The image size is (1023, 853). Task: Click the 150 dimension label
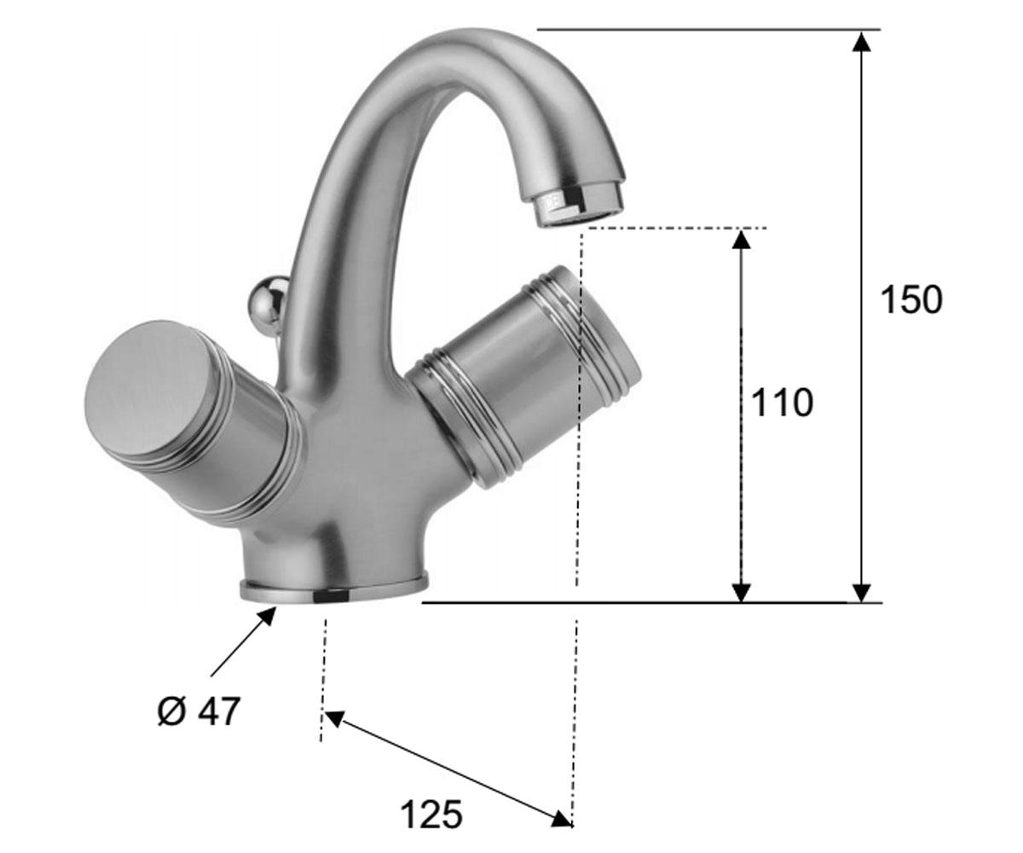pos(910,299)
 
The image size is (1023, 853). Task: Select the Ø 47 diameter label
pos(199,711)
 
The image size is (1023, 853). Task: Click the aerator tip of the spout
pos(580,207)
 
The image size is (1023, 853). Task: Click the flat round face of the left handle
pos(146,388)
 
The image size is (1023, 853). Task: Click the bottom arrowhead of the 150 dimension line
pos(861,593)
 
